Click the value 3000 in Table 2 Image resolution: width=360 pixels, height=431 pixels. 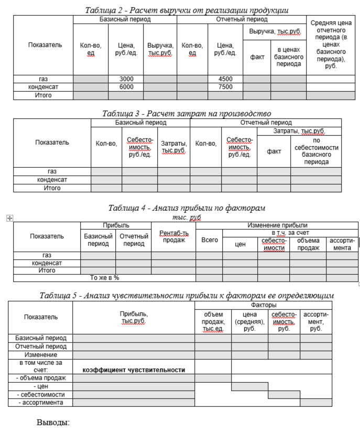click(x=126, y=79)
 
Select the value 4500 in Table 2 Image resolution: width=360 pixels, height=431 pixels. click(x=225, y=79)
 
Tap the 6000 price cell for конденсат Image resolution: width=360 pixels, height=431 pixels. click(x=126, y=87)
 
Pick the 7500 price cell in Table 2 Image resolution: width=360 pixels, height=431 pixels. click(x=225, y=87)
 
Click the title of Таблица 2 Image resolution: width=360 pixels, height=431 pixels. click(x=187, y=10)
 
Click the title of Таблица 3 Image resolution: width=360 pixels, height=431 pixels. click(x=187, y=113)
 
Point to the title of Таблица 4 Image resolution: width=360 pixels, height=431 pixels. click(x=187, y=208)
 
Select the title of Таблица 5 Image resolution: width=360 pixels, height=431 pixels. click(x=187, y=296)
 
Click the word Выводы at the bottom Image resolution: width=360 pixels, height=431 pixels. click(x=53, y=422)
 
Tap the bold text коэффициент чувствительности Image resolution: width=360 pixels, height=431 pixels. click(x=134, y=370)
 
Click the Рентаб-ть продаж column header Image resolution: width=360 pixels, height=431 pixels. click(x=173, y=236)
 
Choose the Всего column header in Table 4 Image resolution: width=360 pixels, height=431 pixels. click(x=209, y=240)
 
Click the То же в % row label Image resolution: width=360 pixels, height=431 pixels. click(x=105, y=278)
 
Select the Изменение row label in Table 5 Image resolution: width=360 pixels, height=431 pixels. click(x=40, y=355)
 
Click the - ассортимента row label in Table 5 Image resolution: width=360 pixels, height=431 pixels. click(x=40, y=403)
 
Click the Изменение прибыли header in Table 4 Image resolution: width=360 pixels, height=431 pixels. click(x=277, y=225)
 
